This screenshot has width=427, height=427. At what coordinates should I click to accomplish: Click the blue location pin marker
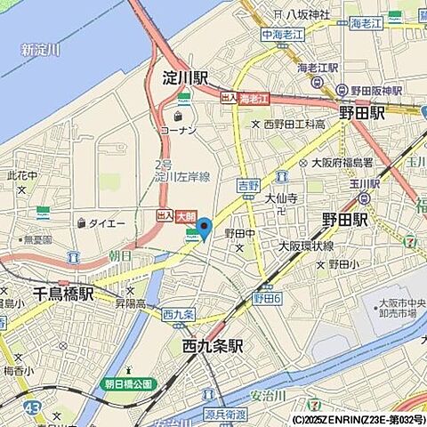(x=204, y=227)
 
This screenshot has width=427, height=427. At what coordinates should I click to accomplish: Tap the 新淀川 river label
(x=40, y=50)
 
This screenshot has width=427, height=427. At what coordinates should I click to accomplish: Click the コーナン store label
(x=178, y=130)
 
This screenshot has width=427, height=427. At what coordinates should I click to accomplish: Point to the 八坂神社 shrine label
(x=308, y=14)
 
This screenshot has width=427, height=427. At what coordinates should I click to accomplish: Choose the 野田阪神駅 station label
(x=375, y=90)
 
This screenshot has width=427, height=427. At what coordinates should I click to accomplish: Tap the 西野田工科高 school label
(x=294, y=125)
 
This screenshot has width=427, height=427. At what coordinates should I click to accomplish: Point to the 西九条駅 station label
(x=213, y=346)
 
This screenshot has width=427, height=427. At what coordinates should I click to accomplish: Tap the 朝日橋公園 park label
(x=129, y=383)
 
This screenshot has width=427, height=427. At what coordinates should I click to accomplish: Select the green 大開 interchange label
(x=185, y=215)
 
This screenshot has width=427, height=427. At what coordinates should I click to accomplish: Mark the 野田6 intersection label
(x=267, y=299)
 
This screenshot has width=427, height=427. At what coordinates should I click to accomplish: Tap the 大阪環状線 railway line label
(x=306, y=246)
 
